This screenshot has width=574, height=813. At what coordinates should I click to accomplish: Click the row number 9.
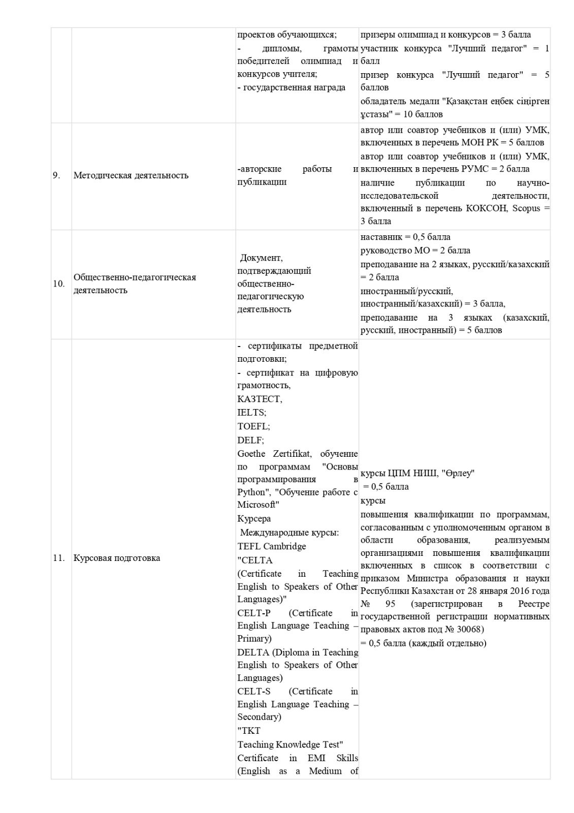coord(56,175)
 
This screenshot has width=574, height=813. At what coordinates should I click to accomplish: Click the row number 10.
coord(58,284)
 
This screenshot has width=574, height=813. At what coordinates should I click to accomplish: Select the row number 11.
coord(59,558)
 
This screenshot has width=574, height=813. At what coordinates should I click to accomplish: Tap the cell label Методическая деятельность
coord(131,175)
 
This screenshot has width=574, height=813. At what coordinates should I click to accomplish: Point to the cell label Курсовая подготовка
coord(117,558)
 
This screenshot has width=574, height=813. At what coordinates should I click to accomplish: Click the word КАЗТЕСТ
coord(260,399)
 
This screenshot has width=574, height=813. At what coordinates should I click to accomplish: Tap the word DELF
coord(250,440)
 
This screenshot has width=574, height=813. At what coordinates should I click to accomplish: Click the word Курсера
coord(254,519)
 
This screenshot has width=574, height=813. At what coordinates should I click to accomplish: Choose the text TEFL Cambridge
coord(272,546)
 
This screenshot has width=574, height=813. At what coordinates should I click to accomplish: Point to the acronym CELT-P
coord(254,613)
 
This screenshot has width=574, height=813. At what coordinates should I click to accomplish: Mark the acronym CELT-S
coord(254,691)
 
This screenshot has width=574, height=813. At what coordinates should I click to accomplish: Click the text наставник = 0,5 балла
coord(405,237)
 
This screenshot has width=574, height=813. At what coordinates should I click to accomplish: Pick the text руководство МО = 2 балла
coord(416,251)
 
